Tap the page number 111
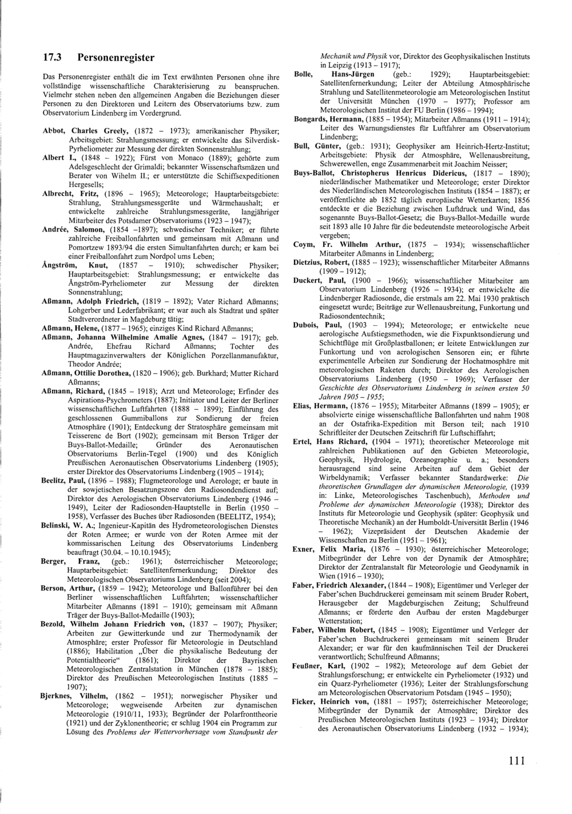pyautogui.click(x=515, y=761)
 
